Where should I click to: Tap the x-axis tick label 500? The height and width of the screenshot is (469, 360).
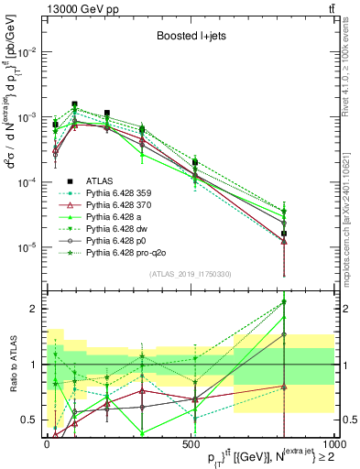[x=191, y=443]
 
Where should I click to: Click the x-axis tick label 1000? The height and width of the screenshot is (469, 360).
[x=332, y=443]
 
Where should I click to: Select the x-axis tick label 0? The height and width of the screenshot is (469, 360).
[x=47, y=443]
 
